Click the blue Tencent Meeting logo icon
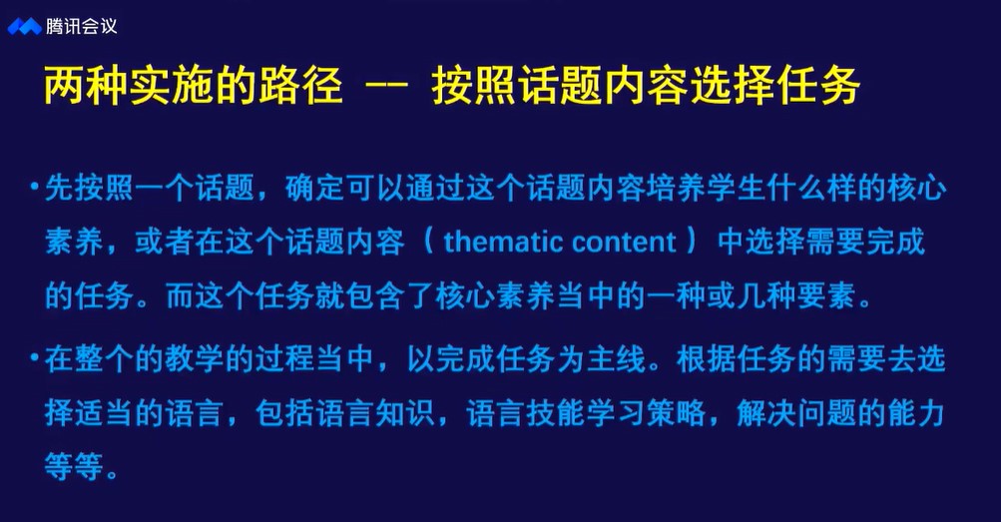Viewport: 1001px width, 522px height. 24,26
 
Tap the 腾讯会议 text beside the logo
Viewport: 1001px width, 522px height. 81,26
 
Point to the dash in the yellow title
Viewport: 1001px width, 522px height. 386,86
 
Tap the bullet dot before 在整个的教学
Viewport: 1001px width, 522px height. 35,357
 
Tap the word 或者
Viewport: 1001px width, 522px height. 164,242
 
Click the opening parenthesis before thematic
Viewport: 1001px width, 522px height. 429,242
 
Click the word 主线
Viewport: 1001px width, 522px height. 616,358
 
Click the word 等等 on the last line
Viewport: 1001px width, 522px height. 74,466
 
